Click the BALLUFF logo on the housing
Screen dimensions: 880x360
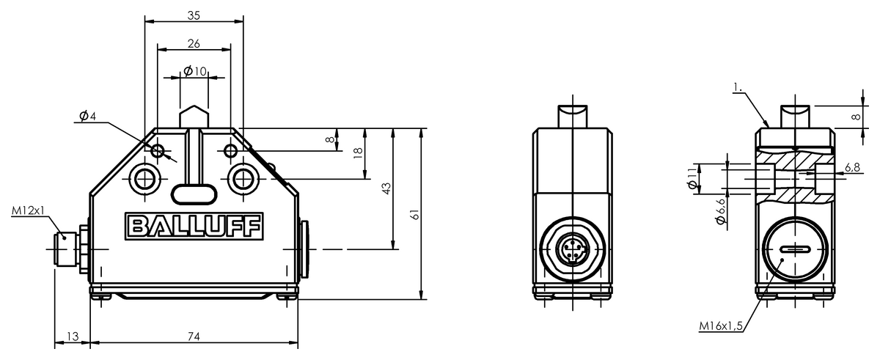tap(194, 226)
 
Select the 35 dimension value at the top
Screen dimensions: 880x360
tap(194, 15)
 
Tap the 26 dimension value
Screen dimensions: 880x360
tap(194, 43)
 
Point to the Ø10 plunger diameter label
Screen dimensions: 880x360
tap(195, 71)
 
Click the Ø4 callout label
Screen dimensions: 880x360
tap(87, 116)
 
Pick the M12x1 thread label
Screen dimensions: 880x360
tap(29, 211)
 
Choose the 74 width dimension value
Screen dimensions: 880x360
tap(194, 337)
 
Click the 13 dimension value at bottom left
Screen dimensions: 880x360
tap(73, 337)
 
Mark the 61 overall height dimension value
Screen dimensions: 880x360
tap(414, 214)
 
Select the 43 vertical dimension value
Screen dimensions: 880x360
tap(386, 188)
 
